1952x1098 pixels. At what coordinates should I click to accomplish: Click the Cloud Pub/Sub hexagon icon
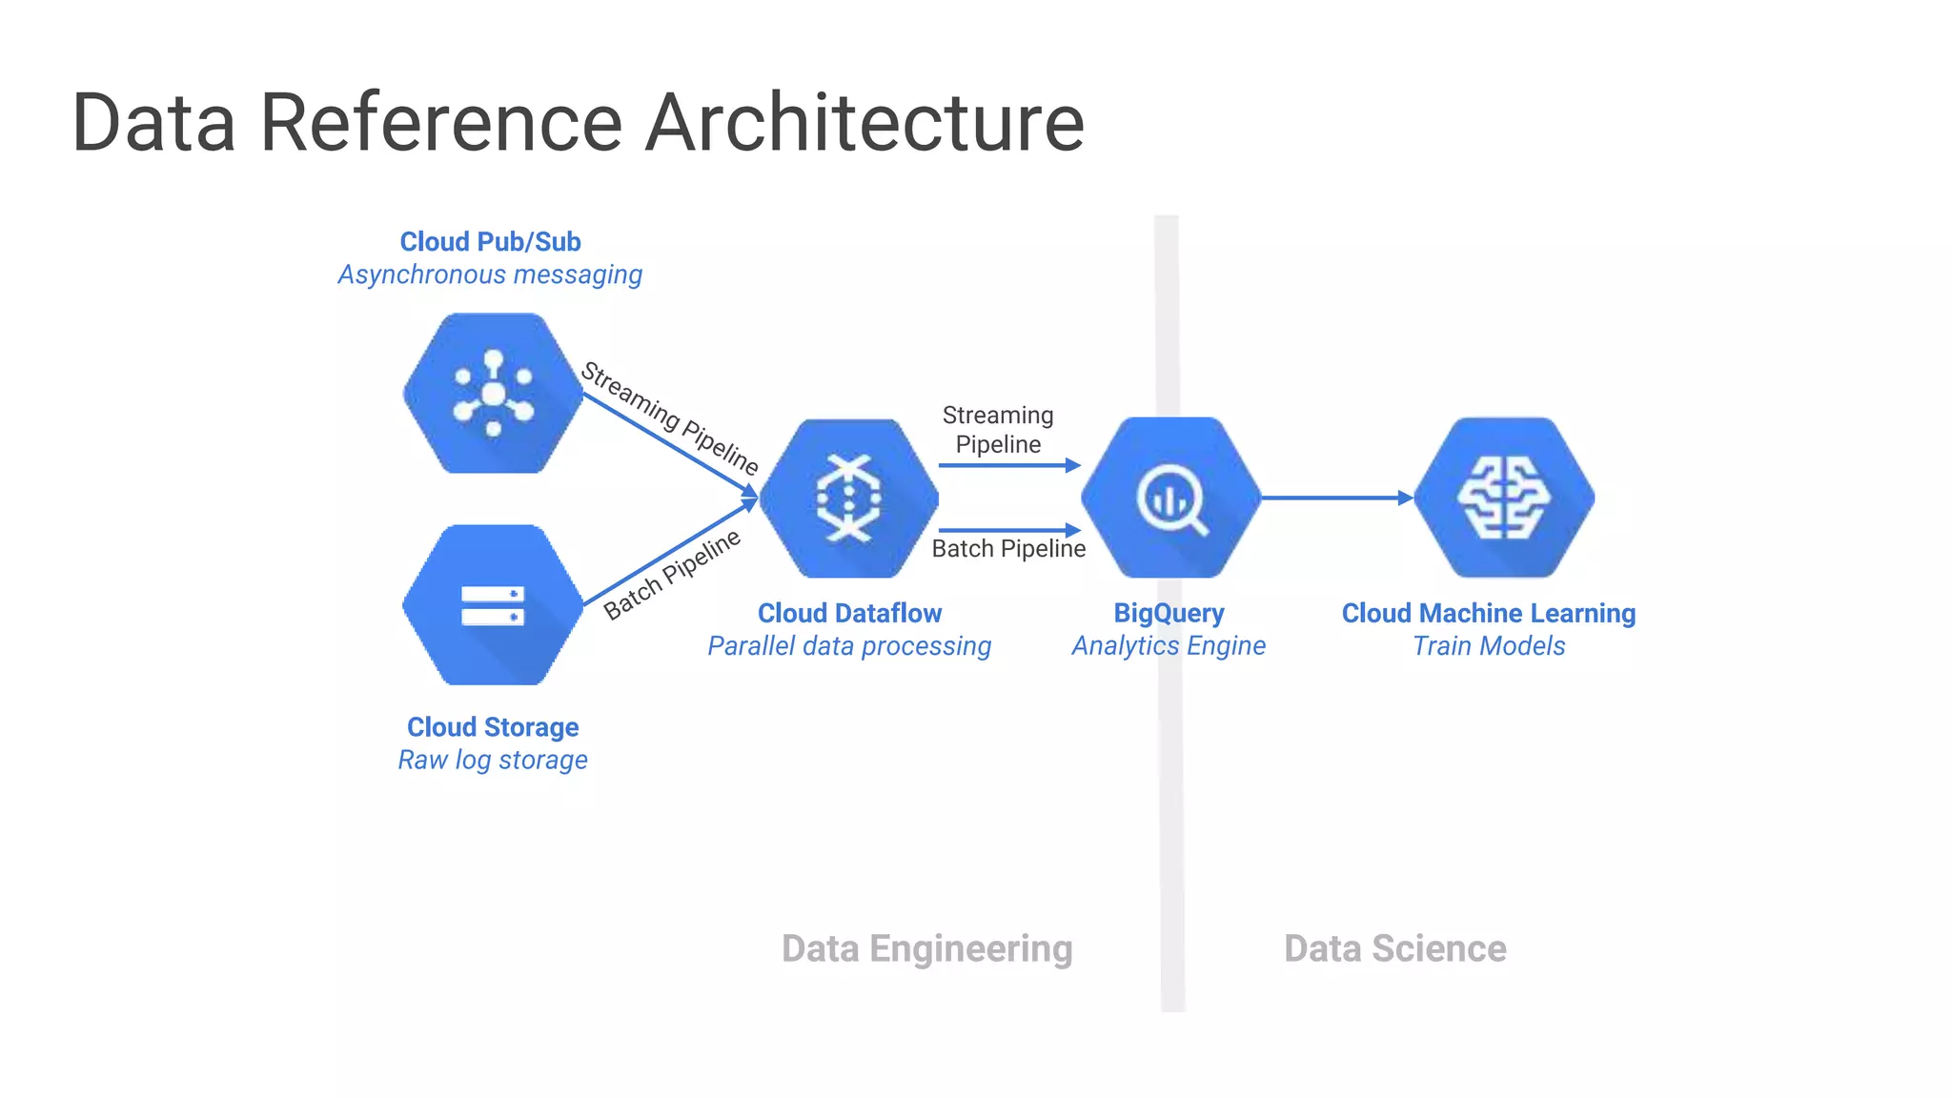pos(493,394)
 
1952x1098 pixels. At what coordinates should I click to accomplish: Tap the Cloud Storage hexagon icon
pos(493,605)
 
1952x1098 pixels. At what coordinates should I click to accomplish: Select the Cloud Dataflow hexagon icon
pos(848,498)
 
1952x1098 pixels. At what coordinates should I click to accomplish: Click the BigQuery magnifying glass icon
pos(1170,498)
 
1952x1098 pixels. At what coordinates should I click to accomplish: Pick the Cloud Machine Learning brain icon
pos(1503,498)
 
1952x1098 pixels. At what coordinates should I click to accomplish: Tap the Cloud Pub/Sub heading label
pos(490,242)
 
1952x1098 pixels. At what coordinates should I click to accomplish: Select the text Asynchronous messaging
pos(490,275)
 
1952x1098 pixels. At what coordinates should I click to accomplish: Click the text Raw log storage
pos(493,761)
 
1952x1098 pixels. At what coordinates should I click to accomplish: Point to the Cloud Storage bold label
pos(493,727)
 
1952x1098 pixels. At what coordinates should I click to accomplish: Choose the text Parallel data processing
pos(848,646)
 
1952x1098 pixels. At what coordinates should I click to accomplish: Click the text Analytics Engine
pos(1169,646)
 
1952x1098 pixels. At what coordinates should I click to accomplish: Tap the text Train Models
pos(1489,646)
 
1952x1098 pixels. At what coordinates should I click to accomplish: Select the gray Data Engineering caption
pos(926,949)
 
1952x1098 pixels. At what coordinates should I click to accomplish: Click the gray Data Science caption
pos(1394,949)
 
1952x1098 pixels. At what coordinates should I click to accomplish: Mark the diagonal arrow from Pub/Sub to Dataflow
pos(667,444)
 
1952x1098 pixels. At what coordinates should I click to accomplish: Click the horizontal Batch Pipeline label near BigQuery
pos(1008,549)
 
